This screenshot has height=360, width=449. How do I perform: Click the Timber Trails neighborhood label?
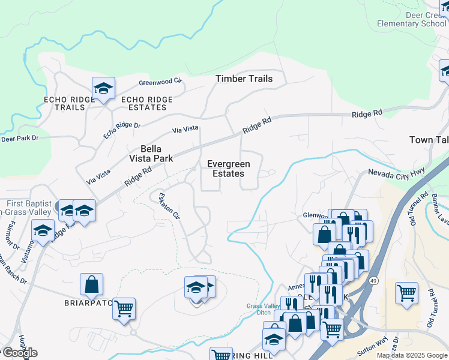pyautogui.click(x=244, y=79)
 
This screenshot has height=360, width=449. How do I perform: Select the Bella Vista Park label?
pyautogui.click(x=151, y=154)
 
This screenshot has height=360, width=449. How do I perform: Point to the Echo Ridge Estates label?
pyautogui.click(x=147, y=103)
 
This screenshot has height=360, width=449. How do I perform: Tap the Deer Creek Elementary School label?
pyautogui.click(x=412, y=19)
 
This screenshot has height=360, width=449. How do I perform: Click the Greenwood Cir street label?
pyautogui.click(x=160, y=82)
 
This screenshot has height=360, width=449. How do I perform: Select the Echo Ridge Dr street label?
pyautogui.click(x=121, y=130)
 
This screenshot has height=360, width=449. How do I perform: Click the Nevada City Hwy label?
pyautogui.click(x=396, y=174)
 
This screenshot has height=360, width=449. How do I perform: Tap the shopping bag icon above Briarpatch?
pyautogui.click(x=91, y=285)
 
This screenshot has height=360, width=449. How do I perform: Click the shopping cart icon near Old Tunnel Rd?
pyautogui.click(x=406, y=294)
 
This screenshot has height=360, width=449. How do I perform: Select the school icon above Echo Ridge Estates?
pyautogui.click(x=103, y=89)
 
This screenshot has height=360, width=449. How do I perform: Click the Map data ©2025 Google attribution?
pyautogui.click(x=412, y=356)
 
